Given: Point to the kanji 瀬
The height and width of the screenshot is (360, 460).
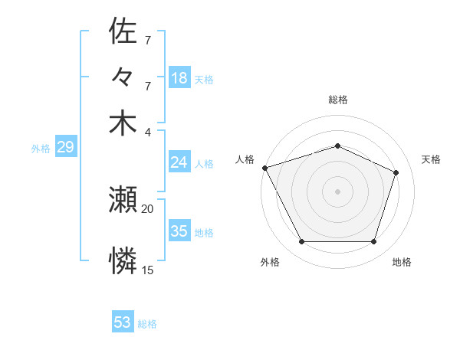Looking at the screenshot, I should coord(123,201).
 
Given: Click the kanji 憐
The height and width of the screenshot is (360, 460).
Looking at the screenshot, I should coord(123,261).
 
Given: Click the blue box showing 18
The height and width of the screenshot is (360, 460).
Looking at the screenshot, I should coord(179,77).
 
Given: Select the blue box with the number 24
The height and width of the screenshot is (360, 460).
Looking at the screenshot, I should coord(179,162).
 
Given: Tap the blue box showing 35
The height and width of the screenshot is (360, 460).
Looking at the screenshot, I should coord(179,231).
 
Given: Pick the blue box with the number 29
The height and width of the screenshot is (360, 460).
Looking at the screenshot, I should coord(65,148).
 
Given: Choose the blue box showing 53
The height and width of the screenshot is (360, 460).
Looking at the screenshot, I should coord(123,322).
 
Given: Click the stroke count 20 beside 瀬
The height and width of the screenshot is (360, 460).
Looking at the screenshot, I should coord(147,208).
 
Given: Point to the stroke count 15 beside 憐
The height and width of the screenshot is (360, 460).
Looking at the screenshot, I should coord(147,270).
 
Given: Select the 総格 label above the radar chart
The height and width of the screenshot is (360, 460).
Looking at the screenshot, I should coord(337,100).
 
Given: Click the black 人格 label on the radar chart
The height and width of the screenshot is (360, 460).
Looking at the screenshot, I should coord(245,159).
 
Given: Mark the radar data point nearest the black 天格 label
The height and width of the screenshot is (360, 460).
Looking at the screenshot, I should coord(396,172).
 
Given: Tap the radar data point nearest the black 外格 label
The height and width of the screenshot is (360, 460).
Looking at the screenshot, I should coord(301,242).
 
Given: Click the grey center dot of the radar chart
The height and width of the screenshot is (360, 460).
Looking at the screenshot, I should coord(337,191).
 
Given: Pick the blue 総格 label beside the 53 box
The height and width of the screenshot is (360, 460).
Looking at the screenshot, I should coord(147,324).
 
